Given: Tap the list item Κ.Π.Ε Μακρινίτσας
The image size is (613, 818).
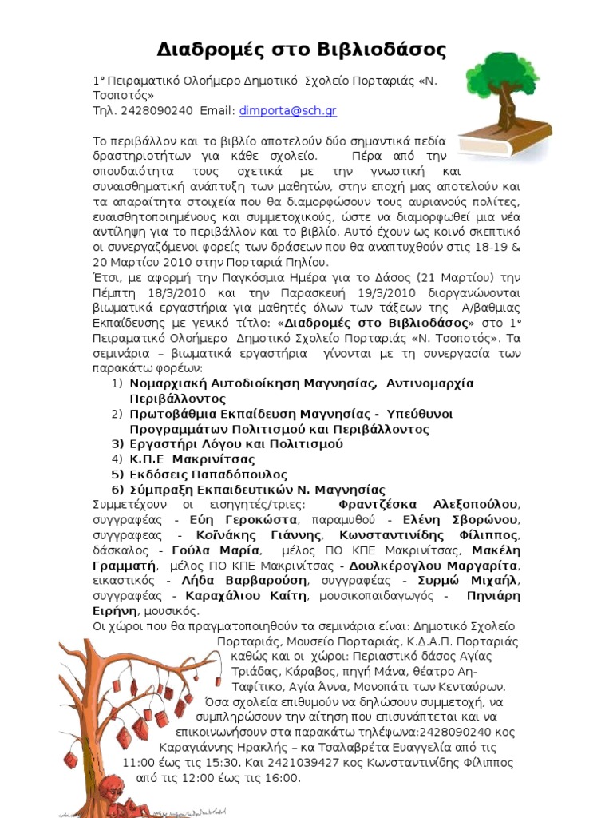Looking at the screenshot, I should click(192, 459).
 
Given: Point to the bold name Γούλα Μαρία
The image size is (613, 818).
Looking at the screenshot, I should click(215, 550).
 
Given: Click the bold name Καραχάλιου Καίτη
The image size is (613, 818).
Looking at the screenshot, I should click(246, 596).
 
